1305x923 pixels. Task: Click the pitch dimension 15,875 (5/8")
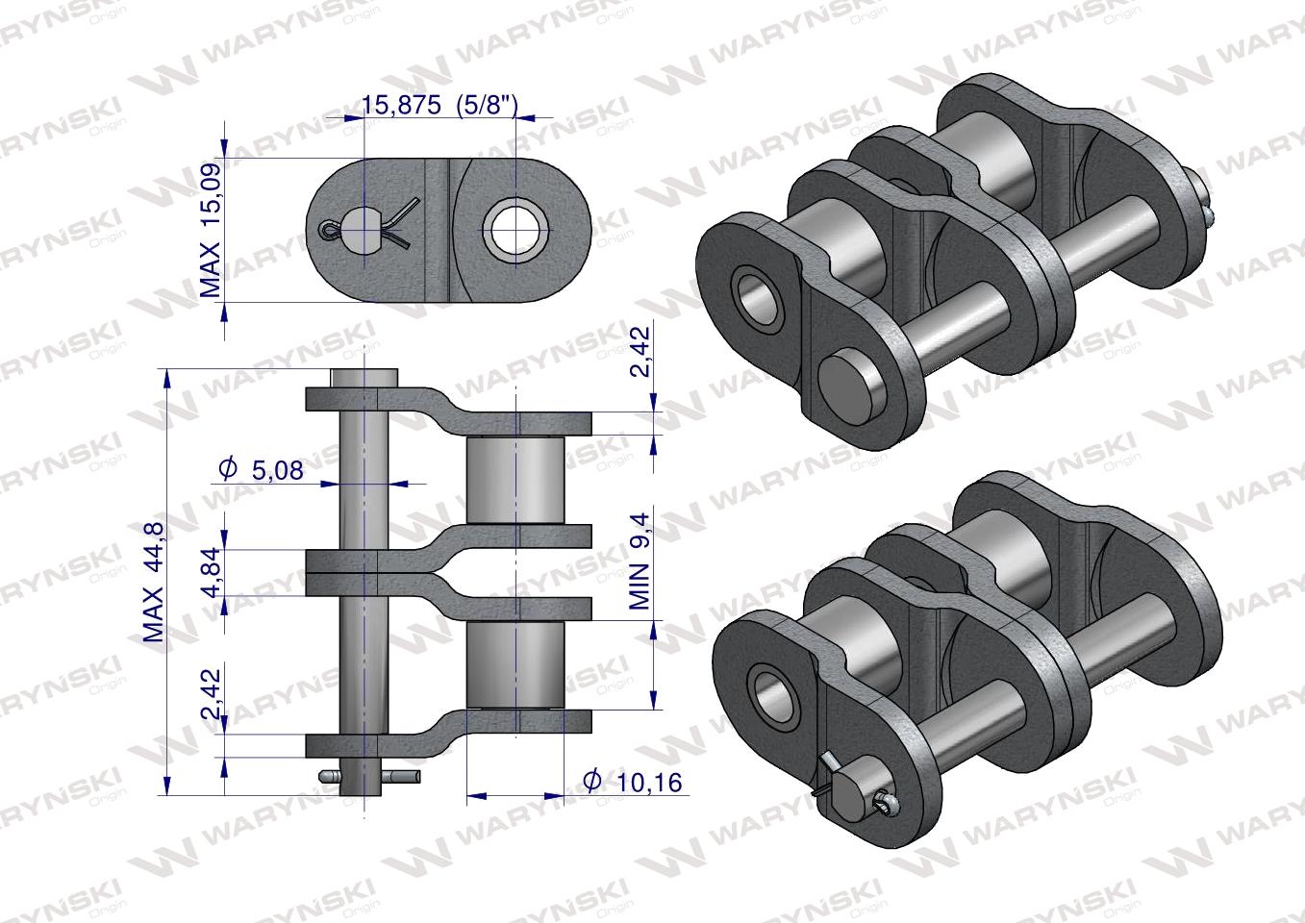(x=439, y=106)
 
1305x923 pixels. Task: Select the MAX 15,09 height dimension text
(x=211, y=230)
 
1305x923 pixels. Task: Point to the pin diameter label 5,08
(x=261, y=469)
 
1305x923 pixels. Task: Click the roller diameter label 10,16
(x=633, y=782)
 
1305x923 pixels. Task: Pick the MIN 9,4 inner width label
(x=640, y=561)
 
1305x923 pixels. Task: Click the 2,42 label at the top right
(x=640, y=352)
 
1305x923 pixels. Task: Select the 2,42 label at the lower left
(x=211, y=694)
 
